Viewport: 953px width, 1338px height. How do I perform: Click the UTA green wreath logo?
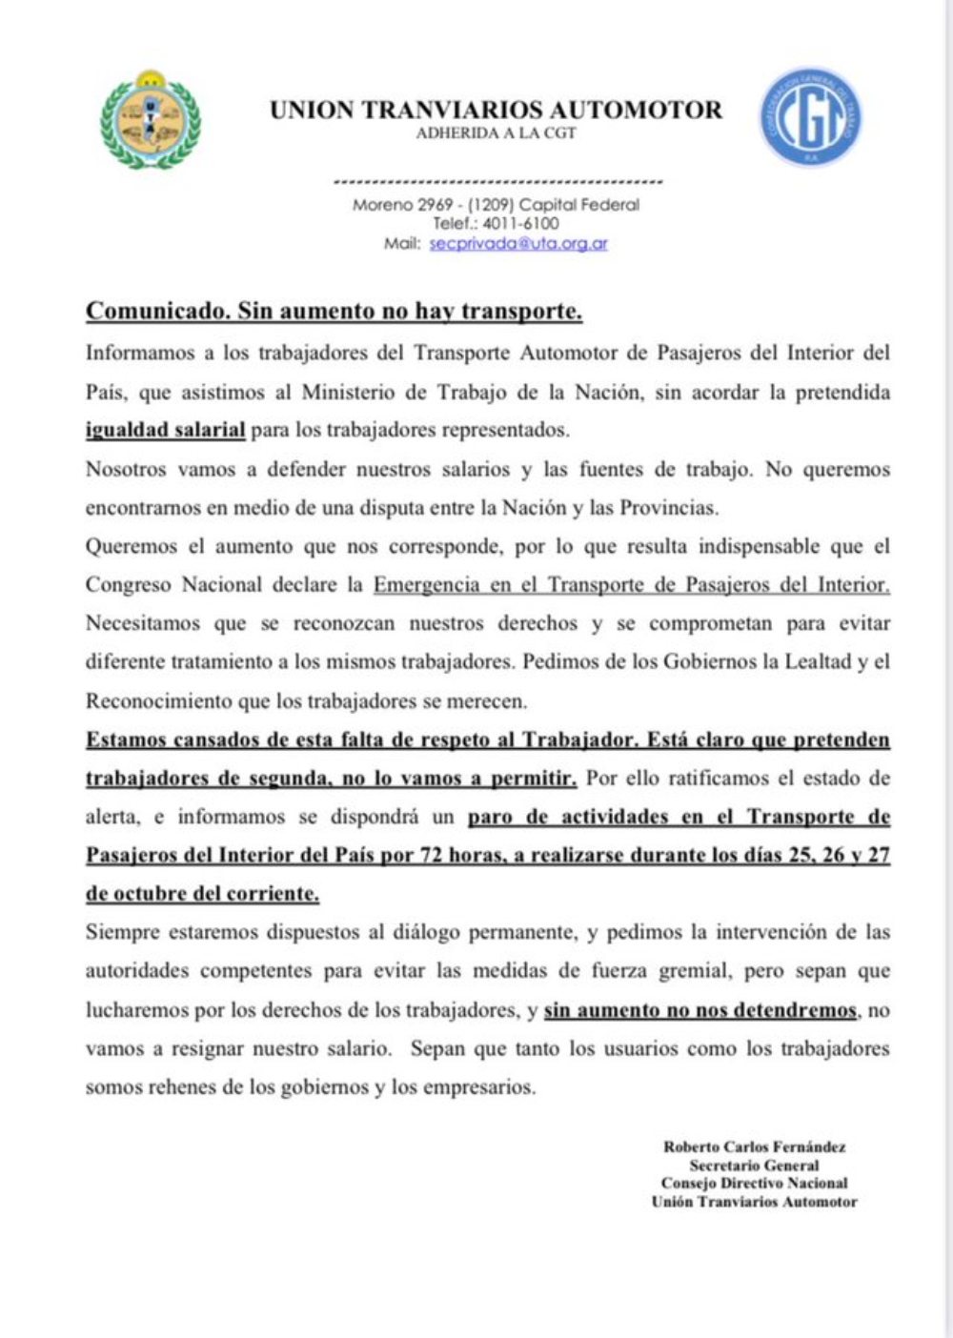[151, 120]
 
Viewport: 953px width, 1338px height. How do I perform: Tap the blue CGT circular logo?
[810, 117]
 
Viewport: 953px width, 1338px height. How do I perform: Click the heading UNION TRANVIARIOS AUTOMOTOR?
[496, 110]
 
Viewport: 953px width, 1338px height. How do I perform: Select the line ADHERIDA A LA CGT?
[496, 133]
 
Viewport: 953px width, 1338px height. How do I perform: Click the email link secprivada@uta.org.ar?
[518, 243]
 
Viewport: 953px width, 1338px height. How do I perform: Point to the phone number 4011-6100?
[520, 223]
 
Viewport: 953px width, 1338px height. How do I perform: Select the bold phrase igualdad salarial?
[165, 430]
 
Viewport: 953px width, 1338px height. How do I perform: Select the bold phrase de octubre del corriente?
[202, 894]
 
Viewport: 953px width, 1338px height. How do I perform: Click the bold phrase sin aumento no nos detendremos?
[700, 1010]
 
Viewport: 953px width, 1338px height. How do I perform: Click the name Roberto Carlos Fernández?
[754, 1147]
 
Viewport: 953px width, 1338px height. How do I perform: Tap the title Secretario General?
[754, 1166]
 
